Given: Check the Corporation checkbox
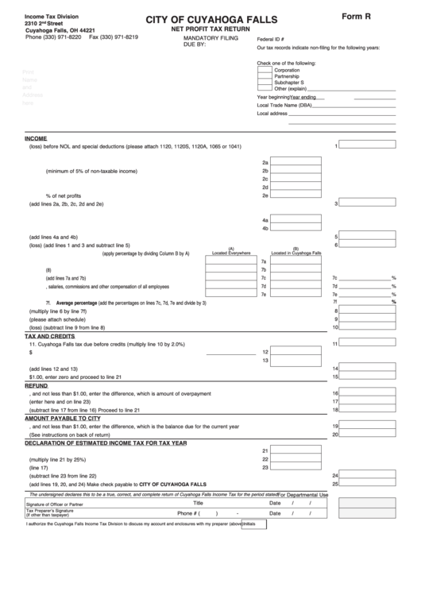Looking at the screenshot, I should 265,70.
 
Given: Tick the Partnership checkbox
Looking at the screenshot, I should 265,76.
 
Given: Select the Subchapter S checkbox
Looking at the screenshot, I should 265,83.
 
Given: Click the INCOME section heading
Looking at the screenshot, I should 36,137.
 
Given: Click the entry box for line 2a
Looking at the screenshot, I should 296,161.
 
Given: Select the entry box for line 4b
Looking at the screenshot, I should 296,228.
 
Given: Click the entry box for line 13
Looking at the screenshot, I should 296,361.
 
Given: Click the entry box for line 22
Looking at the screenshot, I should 296,458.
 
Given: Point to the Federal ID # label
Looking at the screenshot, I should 271,38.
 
